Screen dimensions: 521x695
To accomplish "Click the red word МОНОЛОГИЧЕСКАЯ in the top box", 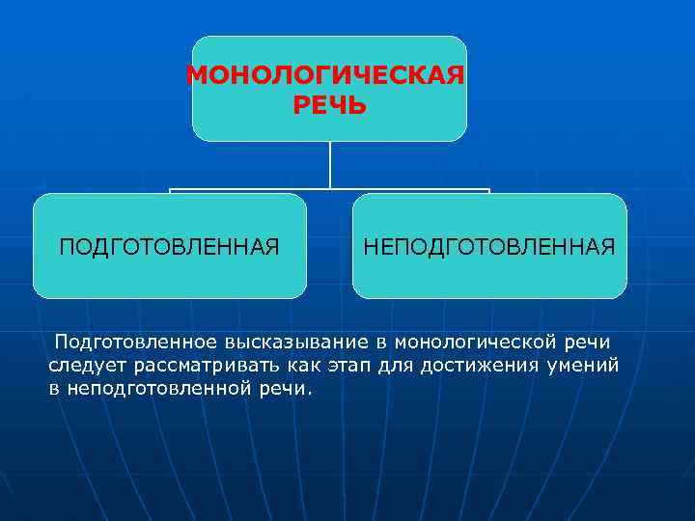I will pos(324,75).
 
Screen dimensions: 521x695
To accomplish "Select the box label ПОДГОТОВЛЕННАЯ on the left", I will pos(170,247).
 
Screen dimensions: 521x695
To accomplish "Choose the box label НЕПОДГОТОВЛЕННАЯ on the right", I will pos(488,247).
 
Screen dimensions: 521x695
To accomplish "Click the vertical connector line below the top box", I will pos(330,164).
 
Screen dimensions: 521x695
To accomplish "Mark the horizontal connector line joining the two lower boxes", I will pos(330,189).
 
